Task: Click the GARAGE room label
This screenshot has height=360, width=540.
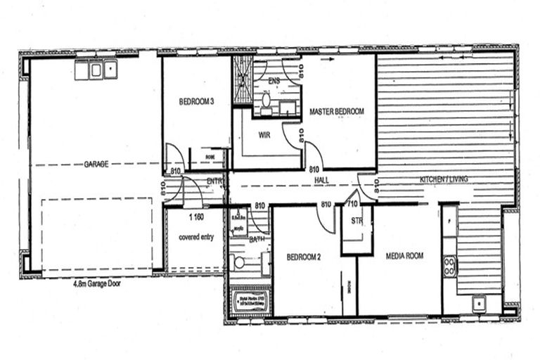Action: (x=96, y=164)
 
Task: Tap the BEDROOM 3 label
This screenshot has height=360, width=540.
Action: (x=196, y=102)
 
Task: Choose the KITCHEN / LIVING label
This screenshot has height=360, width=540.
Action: (x=444, y=179)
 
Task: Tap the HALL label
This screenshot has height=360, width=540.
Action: (x=323, y=180)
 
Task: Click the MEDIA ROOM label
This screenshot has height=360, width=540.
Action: (x=404, y=256)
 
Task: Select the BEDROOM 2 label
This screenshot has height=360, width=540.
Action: (x=304, y=257)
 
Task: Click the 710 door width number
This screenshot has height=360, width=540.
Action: (x=351, y=205)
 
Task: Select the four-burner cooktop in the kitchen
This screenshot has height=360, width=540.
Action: (x=449, y=265)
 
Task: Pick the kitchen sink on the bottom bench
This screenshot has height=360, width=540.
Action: (x=478, y=304)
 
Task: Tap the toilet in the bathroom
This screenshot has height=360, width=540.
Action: (x=239, y=262)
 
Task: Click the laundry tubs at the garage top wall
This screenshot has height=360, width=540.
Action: (x=95, y=70)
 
